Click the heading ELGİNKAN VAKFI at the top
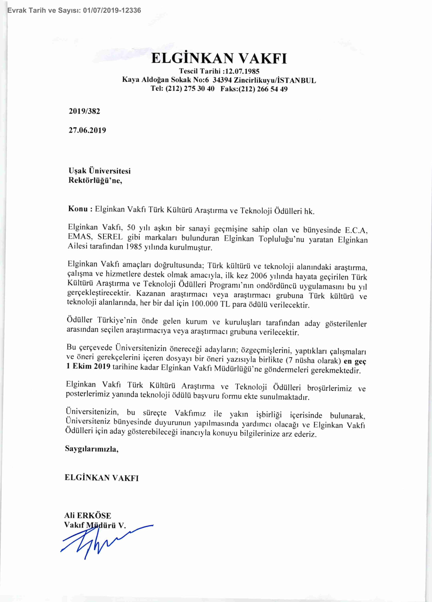pos(219,58)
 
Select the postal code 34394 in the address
pos(222,80)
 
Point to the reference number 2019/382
pos(84,111)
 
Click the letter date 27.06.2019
pos(87,130)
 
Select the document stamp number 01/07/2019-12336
pos(112,10)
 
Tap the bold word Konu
pos(78,209)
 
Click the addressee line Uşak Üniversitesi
pos(100,171)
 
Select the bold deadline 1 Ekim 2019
pos(88,366)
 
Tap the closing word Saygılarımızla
pos(92,449)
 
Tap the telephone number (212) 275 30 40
pos(190,89)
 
